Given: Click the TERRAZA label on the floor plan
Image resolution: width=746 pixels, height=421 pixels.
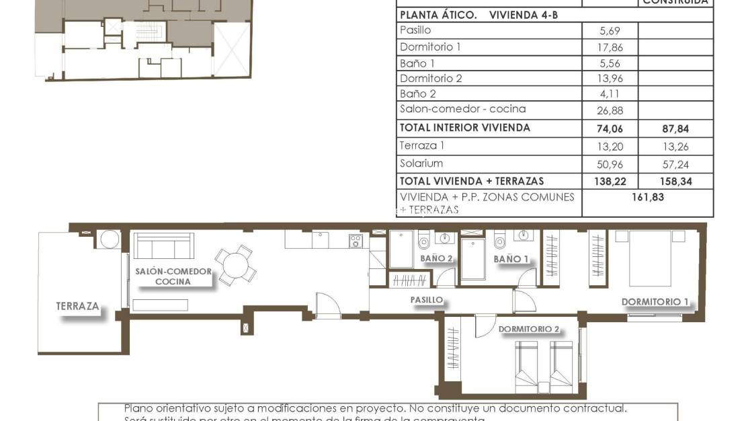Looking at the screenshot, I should [x=78, y=307].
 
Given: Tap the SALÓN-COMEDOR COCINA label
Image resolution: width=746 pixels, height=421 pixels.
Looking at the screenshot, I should [x=173, y=276].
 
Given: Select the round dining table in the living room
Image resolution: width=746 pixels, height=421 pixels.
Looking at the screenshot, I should [x=235, y=264].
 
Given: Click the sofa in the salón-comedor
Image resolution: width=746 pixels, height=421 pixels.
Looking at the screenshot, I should [x=163, y=247].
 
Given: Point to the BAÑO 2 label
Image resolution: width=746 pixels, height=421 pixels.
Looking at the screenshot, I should [x=436, y=258].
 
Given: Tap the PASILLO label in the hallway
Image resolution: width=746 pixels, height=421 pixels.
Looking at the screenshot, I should [x=427, y=300].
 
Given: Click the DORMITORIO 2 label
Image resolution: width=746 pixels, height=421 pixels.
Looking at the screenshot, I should [x=529, y=330].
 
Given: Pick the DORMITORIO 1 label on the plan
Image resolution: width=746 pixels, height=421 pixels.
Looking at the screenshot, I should [x=655, y=302].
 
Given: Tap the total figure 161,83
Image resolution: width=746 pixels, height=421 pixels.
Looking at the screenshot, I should [x=647, y=197].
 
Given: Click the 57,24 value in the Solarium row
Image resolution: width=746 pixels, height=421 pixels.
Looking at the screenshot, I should [x=675, y=163].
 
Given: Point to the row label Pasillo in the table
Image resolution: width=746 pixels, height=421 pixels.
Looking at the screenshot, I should [x=415, y=30].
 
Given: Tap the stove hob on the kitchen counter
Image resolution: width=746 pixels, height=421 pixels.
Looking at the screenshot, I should [x=356, y=240].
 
